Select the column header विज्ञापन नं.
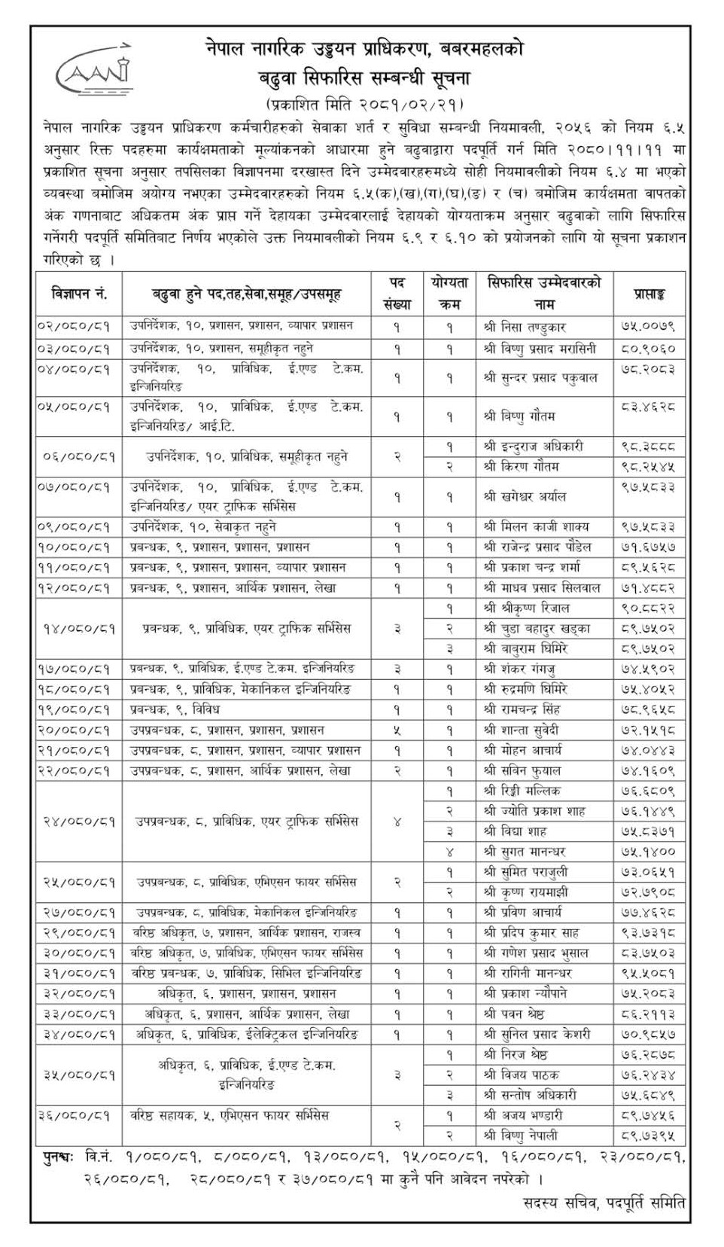(79, 294)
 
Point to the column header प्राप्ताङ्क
(648, 294)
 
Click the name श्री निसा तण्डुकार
(525, 328)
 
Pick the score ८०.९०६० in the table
(648, 349)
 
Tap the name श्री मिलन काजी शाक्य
(535, 526)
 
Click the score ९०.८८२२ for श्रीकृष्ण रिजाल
(648, 608)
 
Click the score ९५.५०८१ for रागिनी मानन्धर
(648, 973)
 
